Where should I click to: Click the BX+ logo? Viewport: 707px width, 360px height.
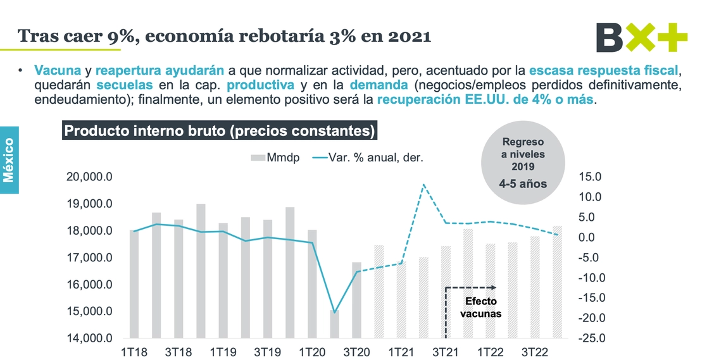[x=641, y=37]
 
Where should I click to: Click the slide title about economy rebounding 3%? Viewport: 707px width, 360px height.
[x=225, y=36]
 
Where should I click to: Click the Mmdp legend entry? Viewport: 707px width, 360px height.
[x=275, y=157]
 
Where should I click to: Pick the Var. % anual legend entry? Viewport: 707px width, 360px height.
[x=369, y=157]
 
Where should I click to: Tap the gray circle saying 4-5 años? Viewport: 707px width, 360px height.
[x=523, y=163]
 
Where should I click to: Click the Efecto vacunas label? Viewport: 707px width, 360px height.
[x=482, y=307]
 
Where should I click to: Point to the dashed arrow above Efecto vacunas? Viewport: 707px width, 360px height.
[x=472, y=287]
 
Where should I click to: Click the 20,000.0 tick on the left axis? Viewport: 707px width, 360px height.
[x=89, y=177]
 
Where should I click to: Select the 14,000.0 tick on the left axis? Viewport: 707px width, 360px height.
[x=89, y=338]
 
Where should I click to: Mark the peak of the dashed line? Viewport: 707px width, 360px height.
[x=423, y=185]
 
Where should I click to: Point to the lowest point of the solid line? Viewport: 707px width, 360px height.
[x=334, y=313]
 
